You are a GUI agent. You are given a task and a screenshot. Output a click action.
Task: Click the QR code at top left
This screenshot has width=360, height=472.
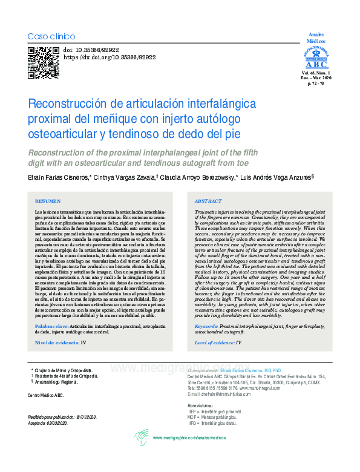click(43, 63)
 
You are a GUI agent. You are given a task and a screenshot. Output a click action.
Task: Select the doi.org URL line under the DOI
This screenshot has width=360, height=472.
click(110, 57)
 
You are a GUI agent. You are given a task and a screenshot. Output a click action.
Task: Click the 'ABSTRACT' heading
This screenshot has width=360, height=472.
click(209, 200)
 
